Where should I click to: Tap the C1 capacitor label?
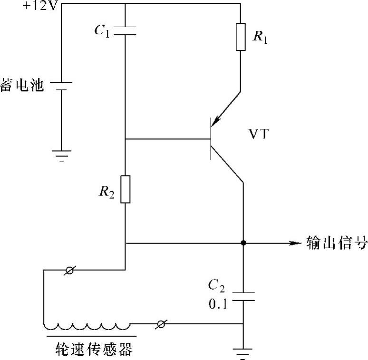click(x=103, y=31)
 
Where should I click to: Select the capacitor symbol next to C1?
click(x=125, y=30)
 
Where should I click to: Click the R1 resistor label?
click(x=260, y=37)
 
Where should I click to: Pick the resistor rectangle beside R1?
click(x=241, y=37)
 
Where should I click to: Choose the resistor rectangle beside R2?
click(x=125, y=189)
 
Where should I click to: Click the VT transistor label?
click(x=259, y=135)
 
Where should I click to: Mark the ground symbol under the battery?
click(x=61, y=155)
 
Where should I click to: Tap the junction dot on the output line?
click(x=243, y=243)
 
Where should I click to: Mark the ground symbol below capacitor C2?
click(x=243, y=353)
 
